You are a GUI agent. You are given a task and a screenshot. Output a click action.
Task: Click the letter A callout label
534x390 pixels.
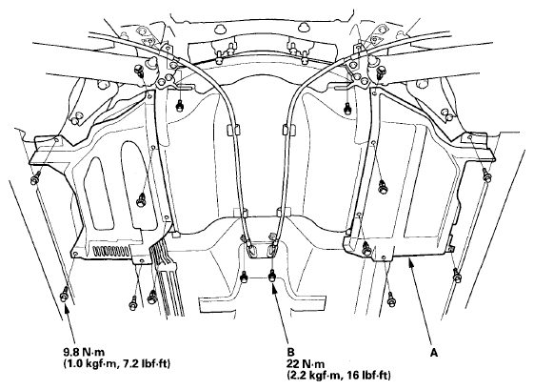[433, 353]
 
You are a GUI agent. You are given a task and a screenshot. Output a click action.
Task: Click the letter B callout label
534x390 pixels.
[290, 353]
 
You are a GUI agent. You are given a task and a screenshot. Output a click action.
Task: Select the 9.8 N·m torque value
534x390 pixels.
[84, 352]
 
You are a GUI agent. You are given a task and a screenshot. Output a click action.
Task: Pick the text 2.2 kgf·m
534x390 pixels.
[314, 376]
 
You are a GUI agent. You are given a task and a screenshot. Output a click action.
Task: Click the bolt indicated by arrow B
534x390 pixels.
[272, 275]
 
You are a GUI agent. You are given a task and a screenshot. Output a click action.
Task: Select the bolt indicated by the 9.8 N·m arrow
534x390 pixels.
[64, 294]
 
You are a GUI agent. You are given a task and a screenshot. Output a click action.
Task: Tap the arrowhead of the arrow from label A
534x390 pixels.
[411, 261]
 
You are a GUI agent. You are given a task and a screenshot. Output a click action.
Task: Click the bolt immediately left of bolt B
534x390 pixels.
[245, 277]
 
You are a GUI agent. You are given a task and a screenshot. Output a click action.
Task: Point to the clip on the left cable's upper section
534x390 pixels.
[231, 130]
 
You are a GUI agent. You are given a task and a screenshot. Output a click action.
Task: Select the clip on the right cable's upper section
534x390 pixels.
[287, 131]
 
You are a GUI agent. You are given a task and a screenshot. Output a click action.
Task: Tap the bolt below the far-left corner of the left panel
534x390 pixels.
[35, 178]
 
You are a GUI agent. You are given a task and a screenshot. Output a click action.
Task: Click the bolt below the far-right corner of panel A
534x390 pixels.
[487, 174]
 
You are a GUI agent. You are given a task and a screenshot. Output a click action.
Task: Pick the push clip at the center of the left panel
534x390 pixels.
[141, 199]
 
